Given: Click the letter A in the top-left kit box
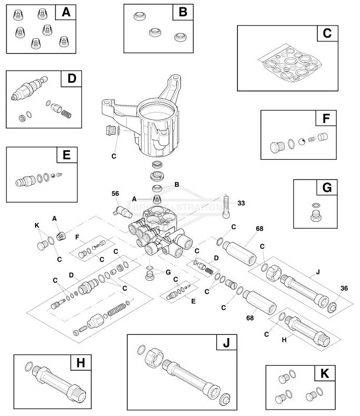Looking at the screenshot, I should (66, 12).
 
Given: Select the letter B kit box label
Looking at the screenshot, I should (182, 12).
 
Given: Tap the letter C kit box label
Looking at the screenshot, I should (327, 33).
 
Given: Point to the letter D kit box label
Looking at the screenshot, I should (72, 79).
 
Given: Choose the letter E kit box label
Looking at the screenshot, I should (66, 155).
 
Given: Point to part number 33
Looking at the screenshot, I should (241, 203).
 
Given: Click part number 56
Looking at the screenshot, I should (115, 194).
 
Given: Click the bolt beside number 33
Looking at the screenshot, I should (227, 205).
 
